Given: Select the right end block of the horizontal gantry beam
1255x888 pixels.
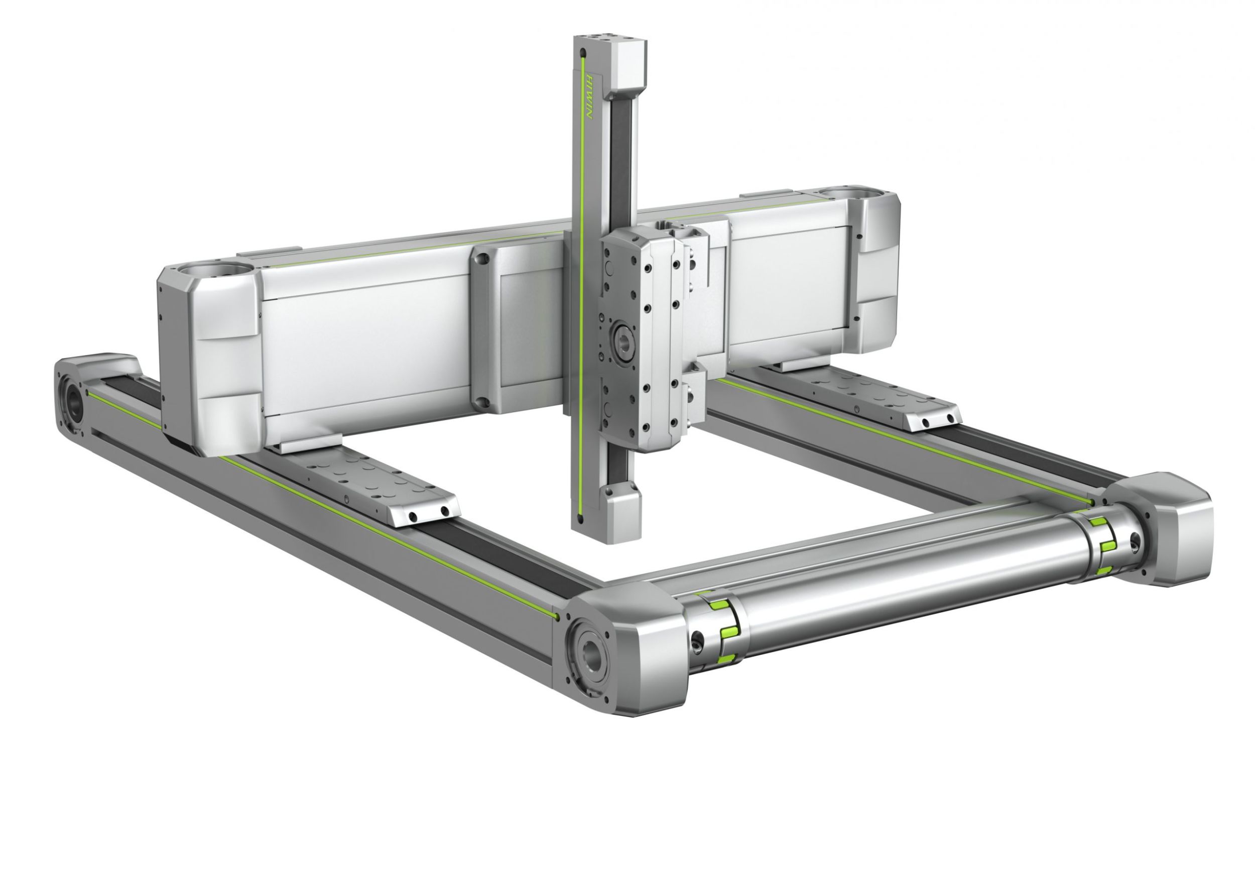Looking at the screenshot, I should click(874, 273).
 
